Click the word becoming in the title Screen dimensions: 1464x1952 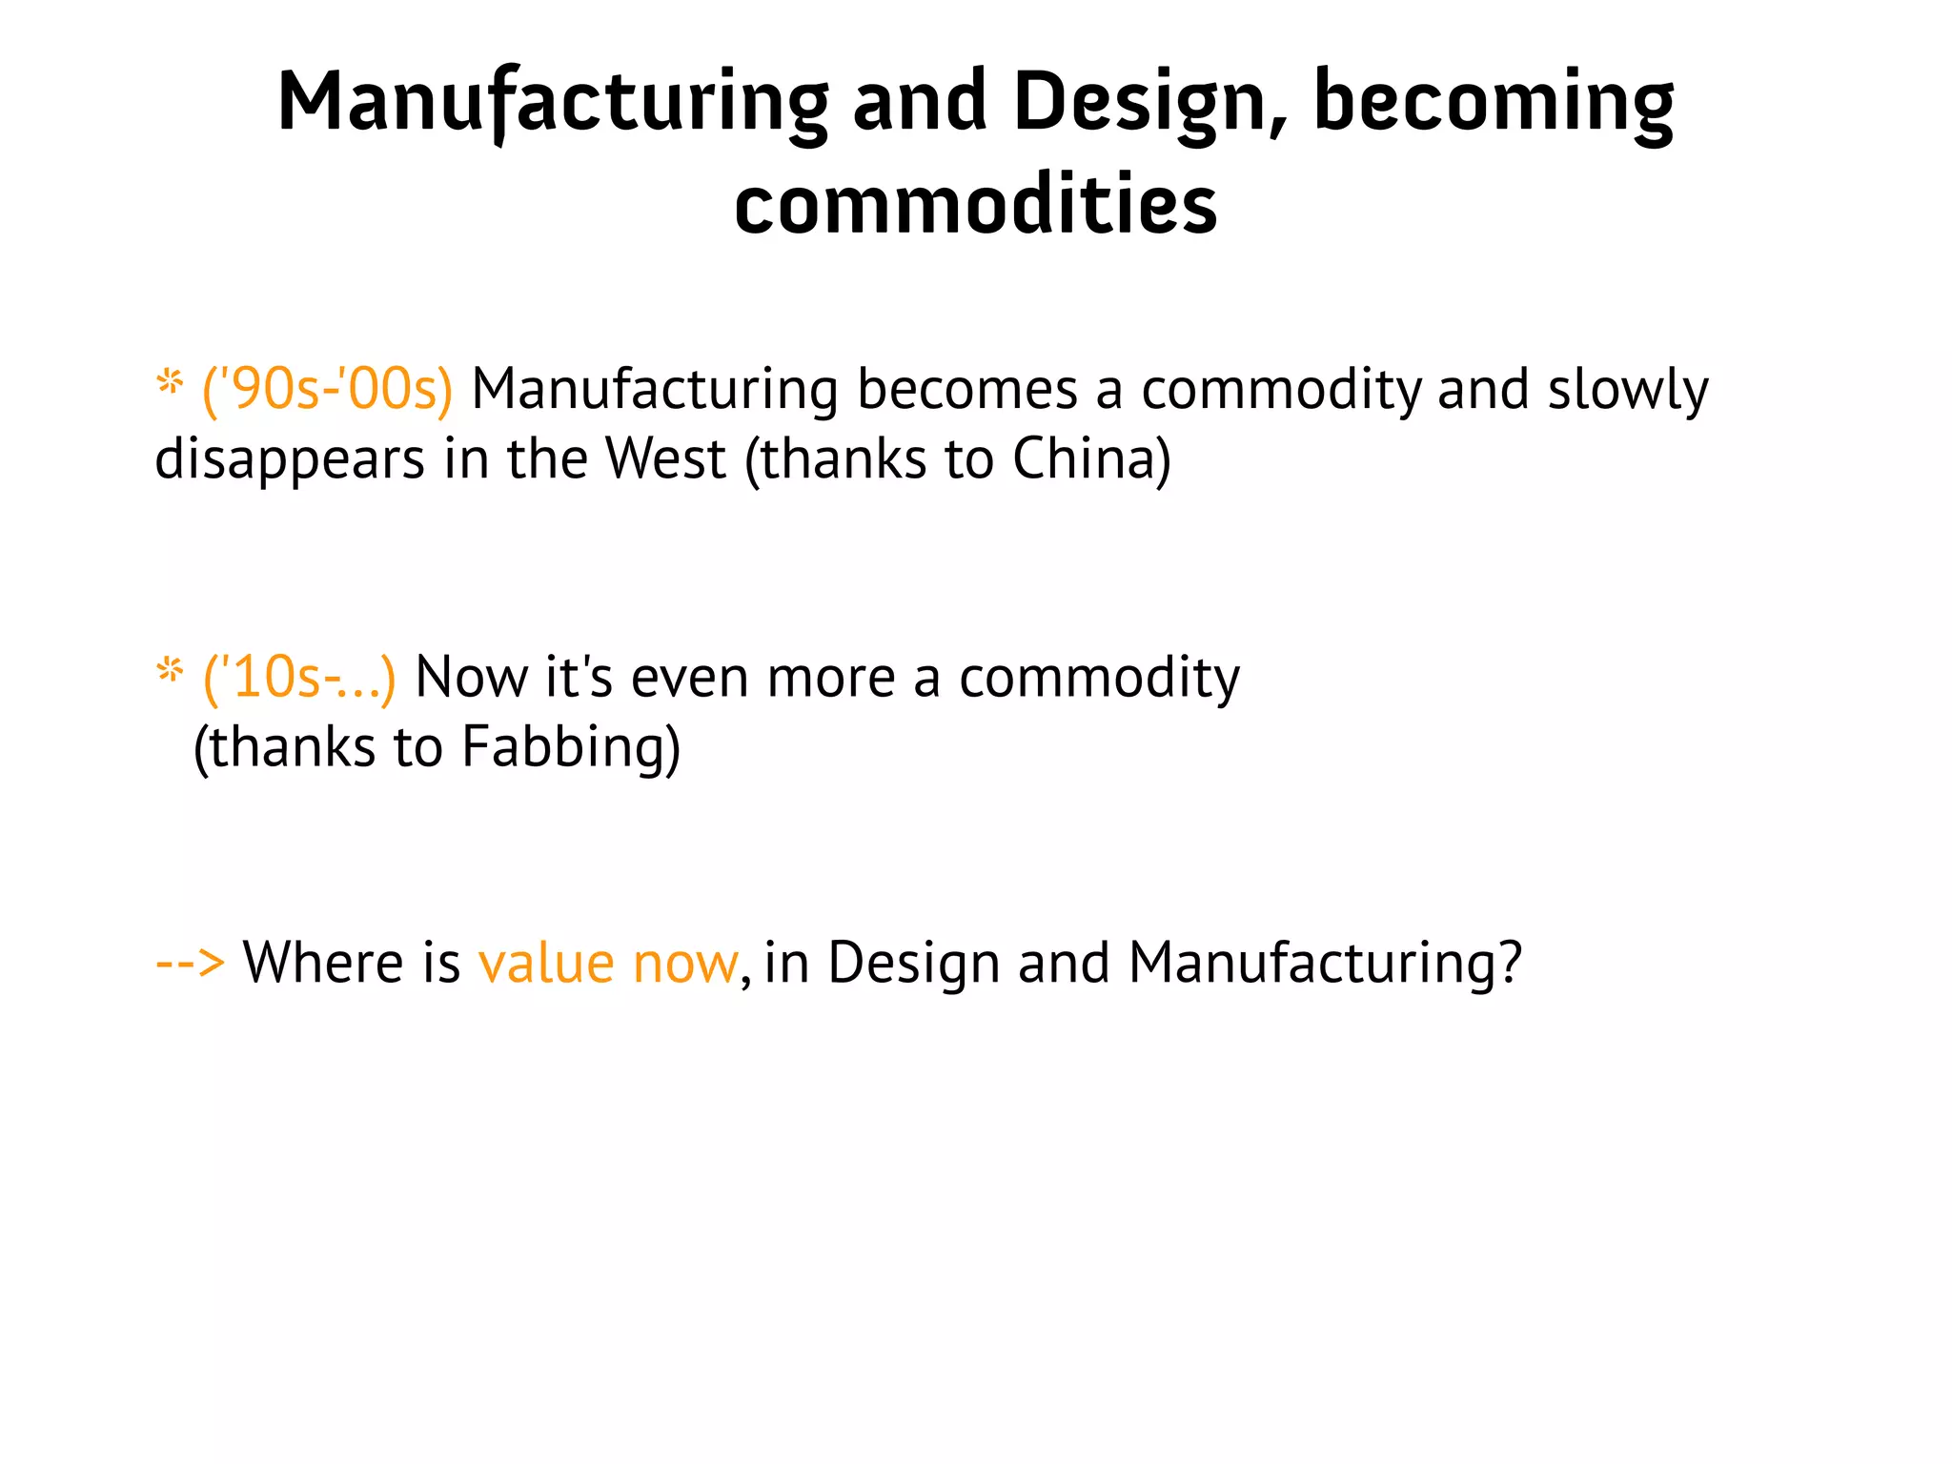1493,103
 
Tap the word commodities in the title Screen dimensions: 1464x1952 975,205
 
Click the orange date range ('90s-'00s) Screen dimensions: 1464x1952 327,390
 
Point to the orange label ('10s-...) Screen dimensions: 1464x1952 299,678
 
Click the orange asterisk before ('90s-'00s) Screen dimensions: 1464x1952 170,384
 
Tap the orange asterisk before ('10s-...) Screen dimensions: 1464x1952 170,671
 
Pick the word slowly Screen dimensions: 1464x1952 1627,390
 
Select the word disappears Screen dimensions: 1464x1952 290,460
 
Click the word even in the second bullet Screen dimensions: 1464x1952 689,678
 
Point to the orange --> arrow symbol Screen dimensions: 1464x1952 190,962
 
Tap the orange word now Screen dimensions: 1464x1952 684,963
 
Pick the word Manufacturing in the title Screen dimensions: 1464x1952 553,103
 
